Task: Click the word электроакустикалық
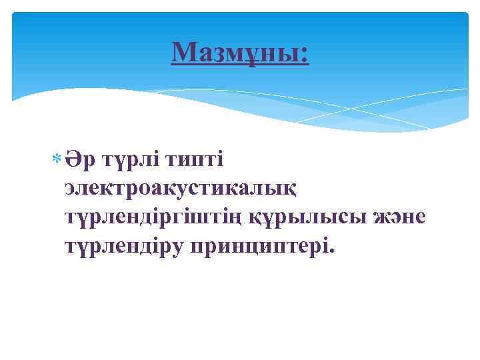[186, 189]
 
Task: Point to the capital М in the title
[183, 51]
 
